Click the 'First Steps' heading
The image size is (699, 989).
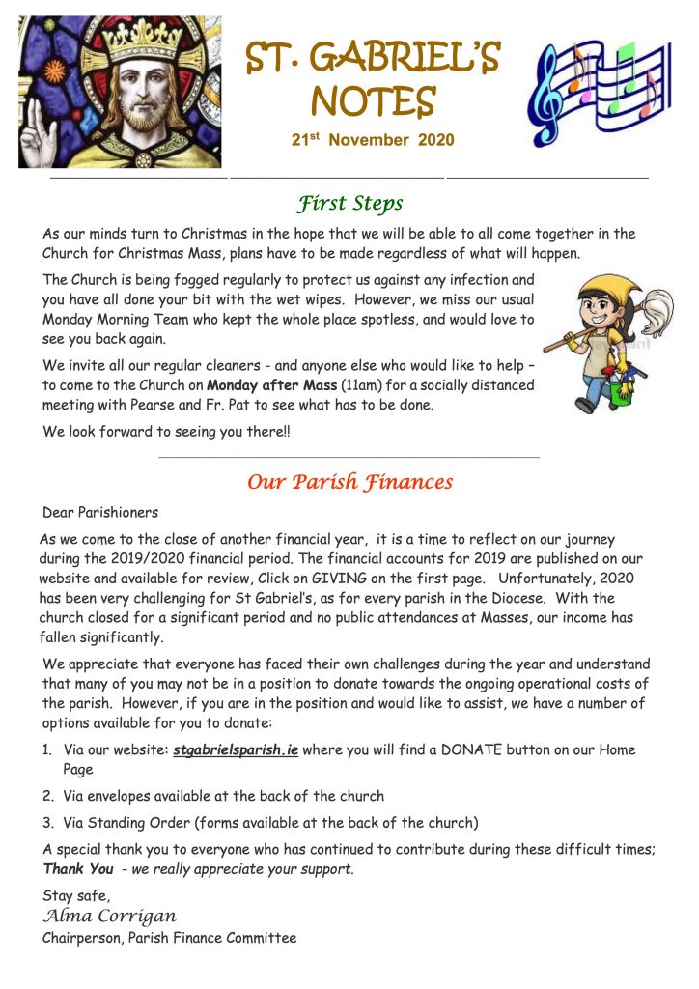349,204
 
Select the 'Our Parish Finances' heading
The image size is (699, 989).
349,481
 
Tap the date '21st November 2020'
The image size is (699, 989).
373,140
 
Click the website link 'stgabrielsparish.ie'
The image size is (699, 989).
235,750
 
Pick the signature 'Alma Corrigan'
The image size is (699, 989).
109,916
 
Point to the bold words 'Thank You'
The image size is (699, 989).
78,869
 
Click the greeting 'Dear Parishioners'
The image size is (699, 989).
100,512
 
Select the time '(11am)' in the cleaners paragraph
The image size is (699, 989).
357,384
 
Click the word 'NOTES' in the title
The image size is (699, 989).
373,99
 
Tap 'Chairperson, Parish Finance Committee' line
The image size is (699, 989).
169,937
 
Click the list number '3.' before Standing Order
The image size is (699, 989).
47,823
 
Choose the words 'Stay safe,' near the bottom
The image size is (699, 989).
76,896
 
